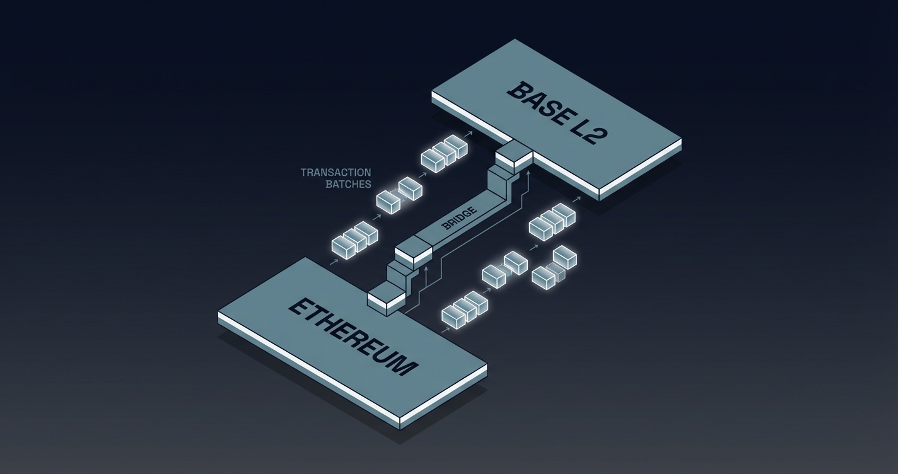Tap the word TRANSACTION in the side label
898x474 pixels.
point(335,172)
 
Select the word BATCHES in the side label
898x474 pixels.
point(348,184)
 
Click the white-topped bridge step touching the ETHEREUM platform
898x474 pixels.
point(387,295)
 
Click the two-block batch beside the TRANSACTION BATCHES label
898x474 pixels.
point(399,195)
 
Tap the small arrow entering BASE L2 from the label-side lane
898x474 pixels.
point(468,134)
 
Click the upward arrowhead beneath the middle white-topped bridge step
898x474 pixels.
point(428,269)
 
